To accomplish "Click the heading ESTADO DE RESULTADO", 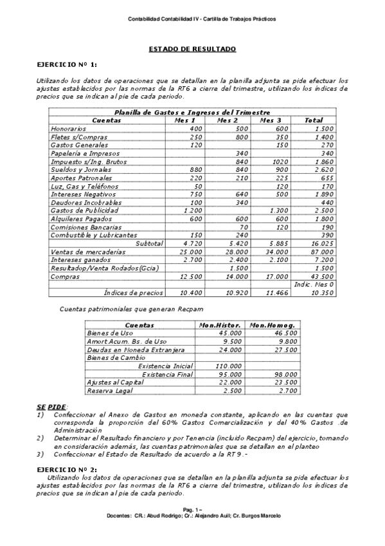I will click(192, 49).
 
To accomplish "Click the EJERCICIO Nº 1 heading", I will click(67, 65).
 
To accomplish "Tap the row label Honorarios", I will click(68, 129).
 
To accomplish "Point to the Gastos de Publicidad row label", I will click(84, 211).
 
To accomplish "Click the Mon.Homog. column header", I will click(273, 325).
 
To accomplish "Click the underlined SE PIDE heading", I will click(51, 408).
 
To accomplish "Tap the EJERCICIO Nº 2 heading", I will click(67, 470).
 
